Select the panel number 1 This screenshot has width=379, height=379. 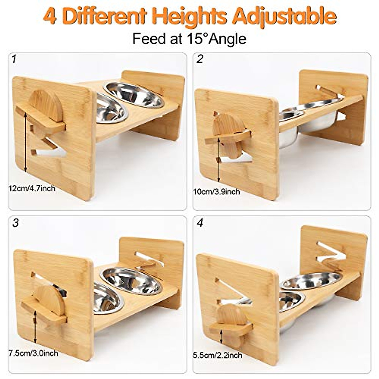[13, 59]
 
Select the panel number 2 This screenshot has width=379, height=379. [199, 59]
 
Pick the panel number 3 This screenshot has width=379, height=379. [15, 223]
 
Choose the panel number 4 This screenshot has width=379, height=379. [200, 223]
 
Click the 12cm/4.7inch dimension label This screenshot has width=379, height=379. [32, 189]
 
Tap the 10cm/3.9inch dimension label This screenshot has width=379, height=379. [216, 192]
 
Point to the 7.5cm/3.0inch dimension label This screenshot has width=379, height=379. [33, 353]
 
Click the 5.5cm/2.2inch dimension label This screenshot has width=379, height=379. [218, 355]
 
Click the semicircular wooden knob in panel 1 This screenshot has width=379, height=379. [47, 106]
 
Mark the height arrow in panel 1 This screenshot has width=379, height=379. [25, 144]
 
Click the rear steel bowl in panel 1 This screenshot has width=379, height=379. [134, 95]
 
